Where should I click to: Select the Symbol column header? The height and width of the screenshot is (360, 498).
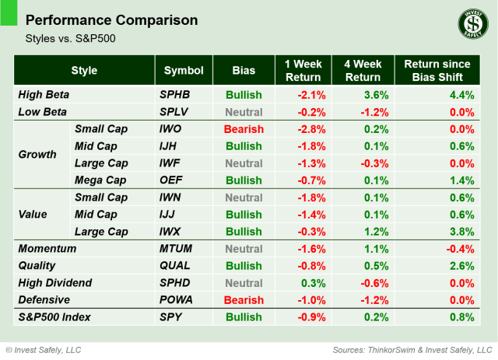click(184, 71)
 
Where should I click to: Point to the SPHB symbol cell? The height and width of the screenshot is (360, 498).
click(174, 95)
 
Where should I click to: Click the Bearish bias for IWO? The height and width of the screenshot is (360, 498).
click(244, 129)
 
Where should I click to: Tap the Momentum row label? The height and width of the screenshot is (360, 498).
click(47, 248)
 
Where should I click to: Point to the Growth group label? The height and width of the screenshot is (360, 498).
click(37, 154)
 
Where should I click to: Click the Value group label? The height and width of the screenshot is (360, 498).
click(33, 214)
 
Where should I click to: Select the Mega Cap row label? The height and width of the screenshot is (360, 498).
click(101, 180)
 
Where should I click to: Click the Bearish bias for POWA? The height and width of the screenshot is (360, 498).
click(244, 299)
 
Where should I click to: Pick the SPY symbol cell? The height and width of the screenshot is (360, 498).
click(170, 316)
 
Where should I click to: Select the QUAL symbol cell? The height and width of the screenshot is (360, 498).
click(174, 265)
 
